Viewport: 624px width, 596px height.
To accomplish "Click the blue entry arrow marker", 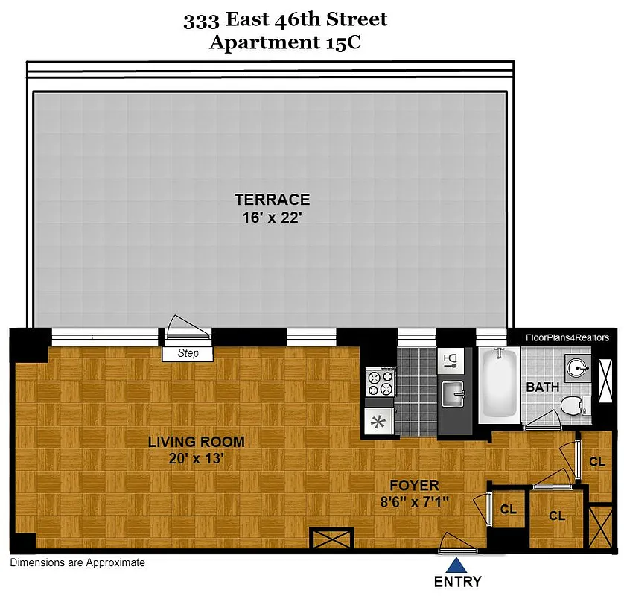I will pos(457,565).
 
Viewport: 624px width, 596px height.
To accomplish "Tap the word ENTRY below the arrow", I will pos(457,582).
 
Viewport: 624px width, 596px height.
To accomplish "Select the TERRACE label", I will pos(272,200).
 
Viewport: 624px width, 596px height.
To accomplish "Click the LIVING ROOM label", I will pos(196,442).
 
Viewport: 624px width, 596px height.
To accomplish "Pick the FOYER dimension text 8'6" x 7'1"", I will pos(418,502).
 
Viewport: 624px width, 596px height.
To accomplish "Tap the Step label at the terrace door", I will pos(188,353).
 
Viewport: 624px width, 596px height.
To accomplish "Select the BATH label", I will pos(543,387).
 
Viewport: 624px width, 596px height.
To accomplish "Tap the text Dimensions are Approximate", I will pos(77,563).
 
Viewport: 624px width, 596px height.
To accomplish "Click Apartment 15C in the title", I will pos(285,42).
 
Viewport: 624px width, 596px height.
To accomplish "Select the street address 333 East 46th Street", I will pos(285,19).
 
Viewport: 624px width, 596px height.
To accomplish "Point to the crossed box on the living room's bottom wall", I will pos(330,539).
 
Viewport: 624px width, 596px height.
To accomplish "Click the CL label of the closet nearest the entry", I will pos(509,510).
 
